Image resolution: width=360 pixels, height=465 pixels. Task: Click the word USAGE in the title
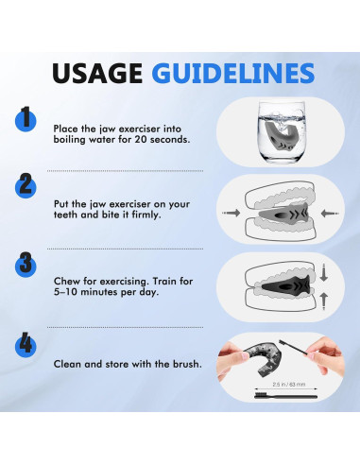(x=97, y=73)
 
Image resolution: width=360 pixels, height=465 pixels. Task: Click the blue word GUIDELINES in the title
(x=233, y=73)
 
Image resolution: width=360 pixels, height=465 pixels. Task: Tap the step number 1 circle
(x=26, y=119)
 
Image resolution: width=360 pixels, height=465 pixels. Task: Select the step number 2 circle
(x=26, y=186)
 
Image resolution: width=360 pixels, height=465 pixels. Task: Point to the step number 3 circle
(x=26, y=265)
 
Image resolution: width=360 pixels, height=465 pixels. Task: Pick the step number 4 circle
(x=26, y=345)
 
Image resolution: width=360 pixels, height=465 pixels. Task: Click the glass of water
(x=282, y=131)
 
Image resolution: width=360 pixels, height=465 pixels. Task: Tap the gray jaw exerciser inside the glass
(x=281, y=135)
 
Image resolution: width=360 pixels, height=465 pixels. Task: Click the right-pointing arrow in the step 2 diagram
(x=231, y=213)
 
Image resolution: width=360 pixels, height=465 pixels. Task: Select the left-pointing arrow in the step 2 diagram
(x=330, y=214)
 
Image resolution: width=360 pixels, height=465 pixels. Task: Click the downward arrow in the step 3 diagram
(x=324, y=272)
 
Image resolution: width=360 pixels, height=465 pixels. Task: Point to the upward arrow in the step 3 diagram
(x=324, y=301)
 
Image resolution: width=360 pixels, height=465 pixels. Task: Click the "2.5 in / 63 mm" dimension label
(x=288, y=385)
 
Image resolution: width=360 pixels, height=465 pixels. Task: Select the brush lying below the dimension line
(x=285, y=395)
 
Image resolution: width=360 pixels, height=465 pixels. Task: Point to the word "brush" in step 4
(x=187, y=364)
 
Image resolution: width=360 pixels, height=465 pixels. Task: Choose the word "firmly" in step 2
(x=146, y=215)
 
